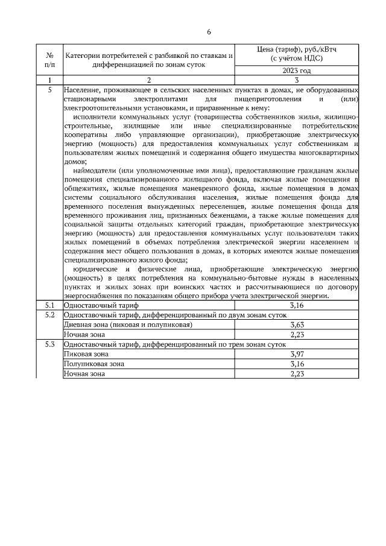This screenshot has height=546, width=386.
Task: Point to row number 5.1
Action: (49, 306)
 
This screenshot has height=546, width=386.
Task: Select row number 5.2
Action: (49, 315)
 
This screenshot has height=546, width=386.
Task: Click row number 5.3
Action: (49, 344)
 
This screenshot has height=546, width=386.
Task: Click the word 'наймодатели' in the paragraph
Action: (93, 171)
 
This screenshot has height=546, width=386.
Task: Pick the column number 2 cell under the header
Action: (149, 80)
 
